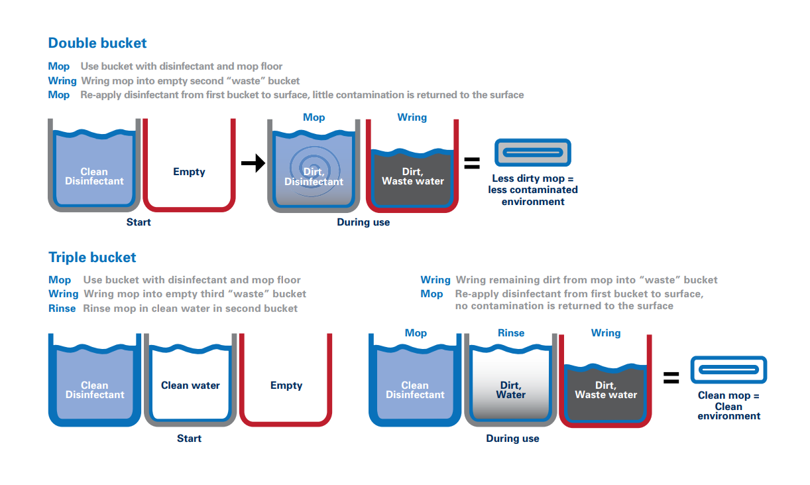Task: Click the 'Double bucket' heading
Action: pyautogui.click(x=97, y=43)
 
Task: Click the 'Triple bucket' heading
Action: pyautogui.click(x=92, y=257)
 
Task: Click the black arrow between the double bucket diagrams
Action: pyautogui.click(x=253, y=163)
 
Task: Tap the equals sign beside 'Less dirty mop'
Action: pyautogui.click(x=471, y=163)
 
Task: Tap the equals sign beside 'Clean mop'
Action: pyautogui.click(x=671, y=378)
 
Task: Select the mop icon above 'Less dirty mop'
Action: pyautogui.click(x=532, y=153)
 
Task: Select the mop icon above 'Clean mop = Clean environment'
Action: pyautogui.click(x=728, y=370)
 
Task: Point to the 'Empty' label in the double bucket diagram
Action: pyautogui.click(x=189, y=172)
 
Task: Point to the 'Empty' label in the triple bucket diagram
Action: pyautogui.click(x=286, y=385)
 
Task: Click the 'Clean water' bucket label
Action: pyautogui.click(x=190, y=385)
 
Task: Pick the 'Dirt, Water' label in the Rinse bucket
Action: pyautogui.click(x=510, y=390)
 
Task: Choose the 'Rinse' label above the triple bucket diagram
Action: pyautogui.click(x=511, y=333)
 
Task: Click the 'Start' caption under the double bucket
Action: pyautogui.click(x=139, y=222)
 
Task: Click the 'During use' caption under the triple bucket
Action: pyautogui.click(x=512, y=439)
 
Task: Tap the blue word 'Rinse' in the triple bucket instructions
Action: pyautogui.click(x=62, y=309)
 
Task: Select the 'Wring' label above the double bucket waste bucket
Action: pyautogui.click(x=412, y=117)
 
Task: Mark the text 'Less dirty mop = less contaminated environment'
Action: pyautogui.click(x=533, y=190)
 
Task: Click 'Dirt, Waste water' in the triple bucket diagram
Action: pyautogui.click(x=606, y=390)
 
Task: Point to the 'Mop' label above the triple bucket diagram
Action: pyautogui.click(x=416, y=333)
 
